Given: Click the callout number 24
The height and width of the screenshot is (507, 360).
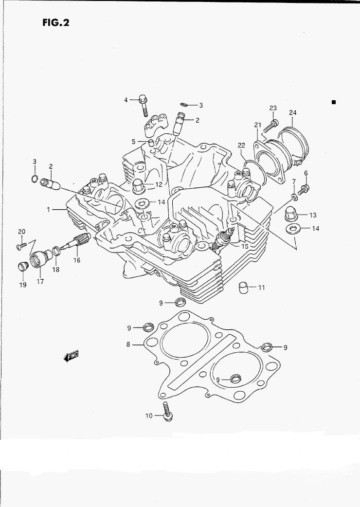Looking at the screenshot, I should pyautogui.click(x=292, y=113).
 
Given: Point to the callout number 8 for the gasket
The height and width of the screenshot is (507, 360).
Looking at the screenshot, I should pyautogui.click(x=128, y=344).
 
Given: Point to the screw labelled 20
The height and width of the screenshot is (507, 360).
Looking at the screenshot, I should pyautogui.click(x=21, y=246).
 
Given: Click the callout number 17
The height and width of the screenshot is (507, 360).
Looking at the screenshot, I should pyautogui.click(x=40, y=281).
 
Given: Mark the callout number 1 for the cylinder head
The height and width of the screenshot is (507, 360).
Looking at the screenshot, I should pyautogui.click(x=48, y=209).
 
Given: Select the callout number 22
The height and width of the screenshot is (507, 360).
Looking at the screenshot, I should pyautogui.click(x=242, y=145).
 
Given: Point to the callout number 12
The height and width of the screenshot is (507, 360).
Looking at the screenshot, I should pyautogui.click(x=159, y=184).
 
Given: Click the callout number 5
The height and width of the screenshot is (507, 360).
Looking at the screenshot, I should pyautogui.click(x=133, y=142).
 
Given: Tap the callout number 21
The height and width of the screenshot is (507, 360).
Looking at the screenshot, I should pyautogui.click(x=257, y=125).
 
